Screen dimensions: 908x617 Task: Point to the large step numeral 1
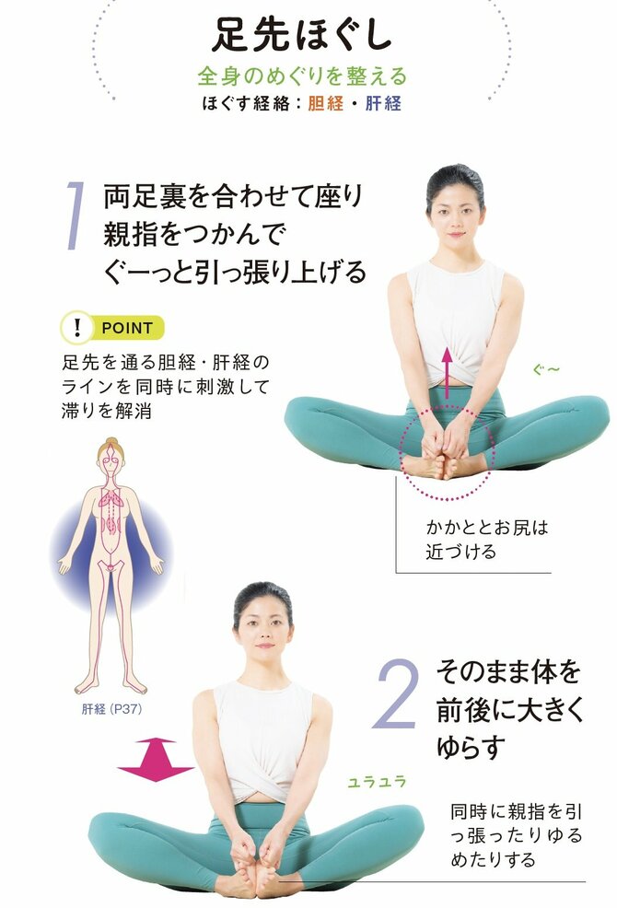click(76, 216)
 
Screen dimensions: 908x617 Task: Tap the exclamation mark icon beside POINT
click(77, 327)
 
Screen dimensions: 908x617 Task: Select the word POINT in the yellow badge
click(126, 327)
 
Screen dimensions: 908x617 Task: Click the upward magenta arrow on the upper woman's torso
click(447, 372)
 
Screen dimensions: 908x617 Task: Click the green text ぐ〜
click(546, 370)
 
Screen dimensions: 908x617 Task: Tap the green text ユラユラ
click(377, 782)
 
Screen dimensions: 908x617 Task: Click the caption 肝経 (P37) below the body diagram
click(111, 710)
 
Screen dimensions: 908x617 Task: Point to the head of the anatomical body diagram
click(112, 458)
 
